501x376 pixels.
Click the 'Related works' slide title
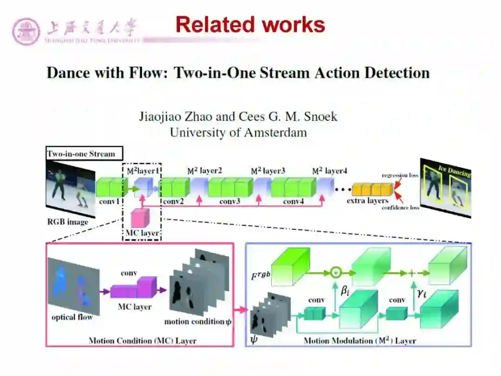click(x=250, y=25)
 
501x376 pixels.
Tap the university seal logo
click(x=26, y=32)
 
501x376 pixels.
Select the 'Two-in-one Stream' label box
click(x=84, y=154)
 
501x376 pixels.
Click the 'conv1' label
click(x=109, y=202)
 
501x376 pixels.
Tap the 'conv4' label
click(x=293, y=202)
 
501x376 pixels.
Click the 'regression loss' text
click(x=400, y=175)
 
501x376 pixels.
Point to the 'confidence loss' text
click(x=400, y=207)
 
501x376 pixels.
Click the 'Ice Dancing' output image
click(x=445, y=188)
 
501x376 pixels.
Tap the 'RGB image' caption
click(x=67, y=222)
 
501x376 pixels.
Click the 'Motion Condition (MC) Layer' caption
click(x=142, y=341)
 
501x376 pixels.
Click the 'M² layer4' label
click(x=329, y=171)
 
